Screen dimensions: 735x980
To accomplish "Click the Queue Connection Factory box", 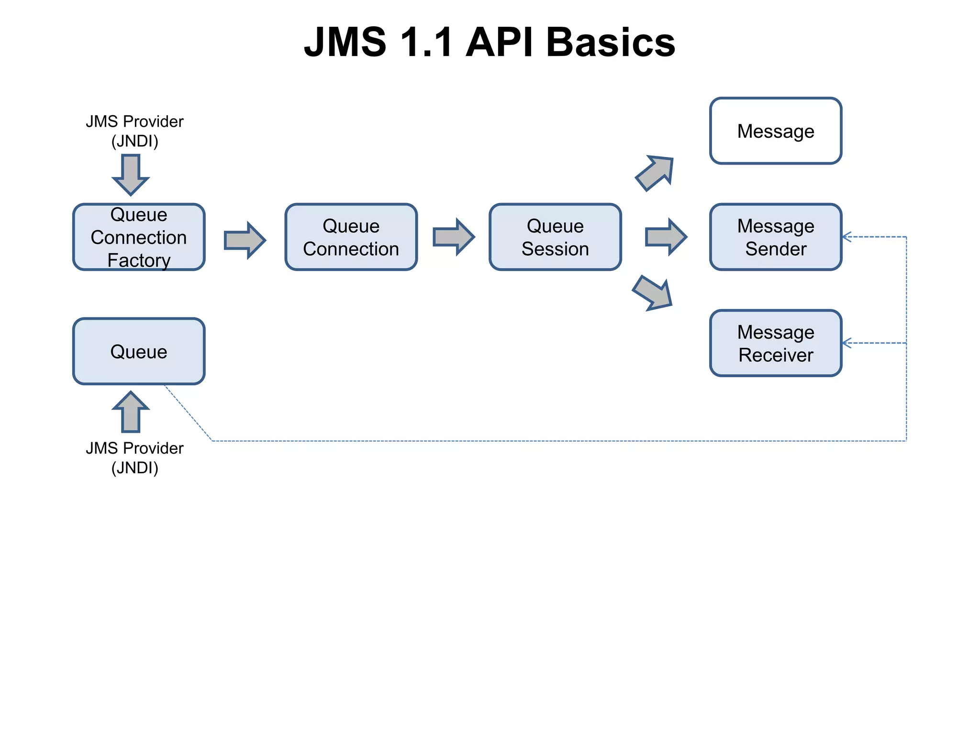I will (x=139, y=237).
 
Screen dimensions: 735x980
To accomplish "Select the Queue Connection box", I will (x=351, y=237).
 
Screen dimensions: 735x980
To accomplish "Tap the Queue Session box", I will (x=555, y=237).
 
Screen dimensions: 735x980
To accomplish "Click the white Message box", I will (x=775, y=131).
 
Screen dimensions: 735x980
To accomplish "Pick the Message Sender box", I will (x=775, y=237).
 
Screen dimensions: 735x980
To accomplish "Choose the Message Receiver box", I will (x=775, y=343).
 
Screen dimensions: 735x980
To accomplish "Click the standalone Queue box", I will (x=139, y=351).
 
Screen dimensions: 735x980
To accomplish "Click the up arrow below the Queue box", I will (x=131, y=412).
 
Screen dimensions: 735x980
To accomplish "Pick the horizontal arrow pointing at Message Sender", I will (x=666, y=237).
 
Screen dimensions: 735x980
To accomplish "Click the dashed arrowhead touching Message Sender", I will (x=846, y=237).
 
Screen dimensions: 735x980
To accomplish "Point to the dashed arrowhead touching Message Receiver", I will (x=846, y=343).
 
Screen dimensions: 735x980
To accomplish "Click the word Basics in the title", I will (x=610, y=42).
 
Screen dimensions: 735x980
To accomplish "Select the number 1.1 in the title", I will (x=426, y=42).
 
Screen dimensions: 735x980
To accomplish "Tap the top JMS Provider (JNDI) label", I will (x=134, y=131).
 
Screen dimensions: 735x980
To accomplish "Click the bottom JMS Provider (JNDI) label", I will (x=134, y=458).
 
